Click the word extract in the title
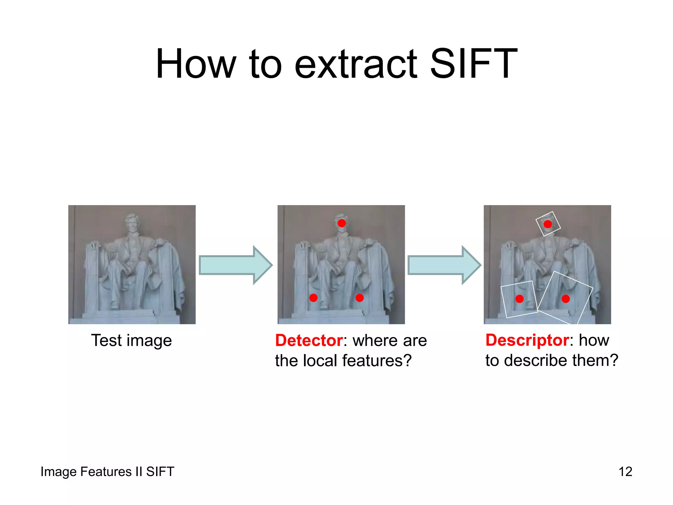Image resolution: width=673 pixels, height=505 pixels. pyautogui.click(x=356, y=64)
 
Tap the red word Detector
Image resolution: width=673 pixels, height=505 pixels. pyautogui.click(x=309, y=340)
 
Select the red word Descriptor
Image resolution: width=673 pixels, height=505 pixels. pyautogui.click(x=527, y=340)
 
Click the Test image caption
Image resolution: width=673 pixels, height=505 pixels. pyautogui.click(x=131, y=340)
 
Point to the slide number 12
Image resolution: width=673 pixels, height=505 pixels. pyautogui.click(x=625, y=472)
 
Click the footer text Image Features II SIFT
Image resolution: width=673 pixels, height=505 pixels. pyautogui.click(x=107, y=472)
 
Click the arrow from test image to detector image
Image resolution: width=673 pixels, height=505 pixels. pyautogui.click(x=235, y=265)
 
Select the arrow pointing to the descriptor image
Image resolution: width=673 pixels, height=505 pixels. pyautogui.click(x=444, y=265)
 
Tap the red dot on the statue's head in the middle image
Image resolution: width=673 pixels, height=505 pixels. pyautogui.click(x=342, y=223)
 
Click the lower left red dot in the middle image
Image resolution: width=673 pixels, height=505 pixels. pyautogui.click(x=313, y=298)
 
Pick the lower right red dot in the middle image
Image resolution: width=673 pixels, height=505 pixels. pyautogui.click(x=360, y=298)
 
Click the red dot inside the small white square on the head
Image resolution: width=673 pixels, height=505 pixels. pyautogui.click(x=548, y=224)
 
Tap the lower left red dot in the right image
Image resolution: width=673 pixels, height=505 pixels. pyautogui.click(x=520, y=299)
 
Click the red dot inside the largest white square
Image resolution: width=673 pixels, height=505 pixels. pyautogui.click(x=566, y=299)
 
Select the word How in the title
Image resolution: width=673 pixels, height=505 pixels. pyautogui.click(x=196, y=64)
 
